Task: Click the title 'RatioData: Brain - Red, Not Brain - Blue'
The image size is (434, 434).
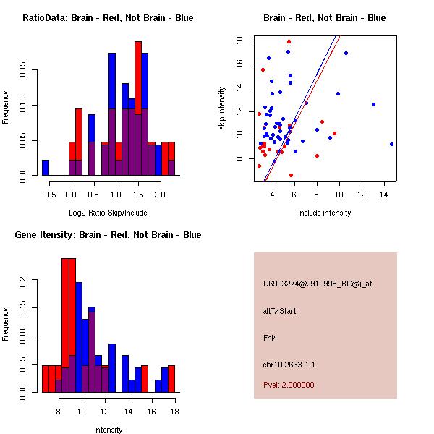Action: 108,18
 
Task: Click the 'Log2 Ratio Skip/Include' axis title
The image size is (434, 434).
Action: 108,213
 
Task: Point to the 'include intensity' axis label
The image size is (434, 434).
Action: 324,213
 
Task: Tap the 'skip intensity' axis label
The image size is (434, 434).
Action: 222,108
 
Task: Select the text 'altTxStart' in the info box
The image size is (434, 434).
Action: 279,311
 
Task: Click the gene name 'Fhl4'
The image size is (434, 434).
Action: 270,338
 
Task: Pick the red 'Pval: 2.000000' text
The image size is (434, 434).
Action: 289,385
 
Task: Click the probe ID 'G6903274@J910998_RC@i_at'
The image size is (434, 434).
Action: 318,284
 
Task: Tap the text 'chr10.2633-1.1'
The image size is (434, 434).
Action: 289,365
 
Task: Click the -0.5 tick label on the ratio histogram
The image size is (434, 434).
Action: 49,195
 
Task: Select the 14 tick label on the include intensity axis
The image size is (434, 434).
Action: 383,195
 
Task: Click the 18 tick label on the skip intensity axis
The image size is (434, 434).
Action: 239,41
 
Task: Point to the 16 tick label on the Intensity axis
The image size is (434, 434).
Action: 152,412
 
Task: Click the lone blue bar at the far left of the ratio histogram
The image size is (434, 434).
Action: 46,168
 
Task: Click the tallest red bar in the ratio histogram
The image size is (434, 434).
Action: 138,78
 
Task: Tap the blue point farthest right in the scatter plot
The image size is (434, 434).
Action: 391,144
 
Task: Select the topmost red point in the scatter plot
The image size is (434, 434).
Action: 289,42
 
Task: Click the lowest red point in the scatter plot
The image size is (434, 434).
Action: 291,176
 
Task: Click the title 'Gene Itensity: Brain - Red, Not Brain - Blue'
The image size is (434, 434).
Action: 108,235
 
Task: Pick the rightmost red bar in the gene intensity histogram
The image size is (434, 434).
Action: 171,379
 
